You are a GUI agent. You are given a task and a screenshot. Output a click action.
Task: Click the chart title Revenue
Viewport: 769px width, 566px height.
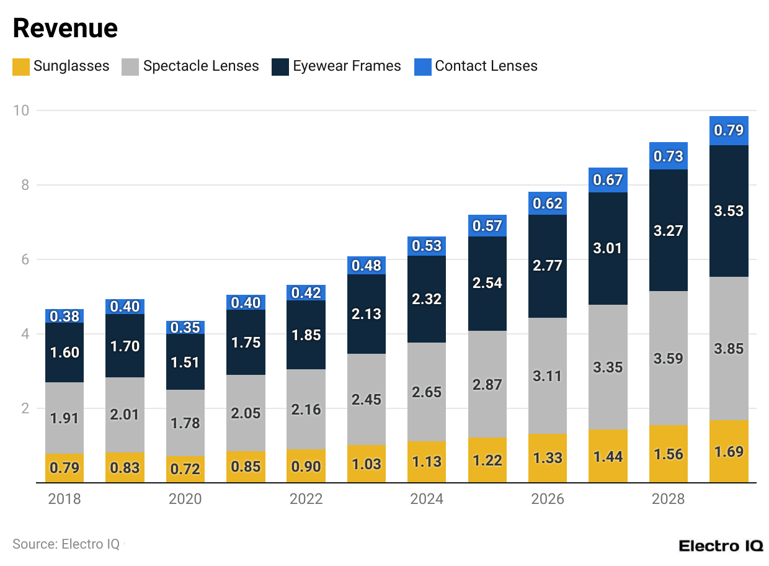coord(65,29)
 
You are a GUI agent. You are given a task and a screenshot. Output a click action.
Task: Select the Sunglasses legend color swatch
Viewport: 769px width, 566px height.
coord(21,66)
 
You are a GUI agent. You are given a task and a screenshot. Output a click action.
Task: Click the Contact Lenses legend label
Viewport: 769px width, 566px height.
coord(486,66)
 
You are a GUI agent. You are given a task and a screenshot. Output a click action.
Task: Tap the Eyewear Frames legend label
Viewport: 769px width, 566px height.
coord(347,66)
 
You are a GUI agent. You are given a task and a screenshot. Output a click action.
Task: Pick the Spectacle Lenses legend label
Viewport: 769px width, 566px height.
coord(201,66)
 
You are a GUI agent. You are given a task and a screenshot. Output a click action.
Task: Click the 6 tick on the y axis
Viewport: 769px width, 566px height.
coord(25,259)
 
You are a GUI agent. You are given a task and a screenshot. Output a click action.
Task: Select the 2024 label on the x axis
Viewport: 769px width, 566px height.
coord(427,499)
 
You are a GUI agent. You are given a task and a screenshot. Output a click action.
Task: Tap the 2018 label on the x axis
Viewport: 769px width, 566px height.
coord(64,499)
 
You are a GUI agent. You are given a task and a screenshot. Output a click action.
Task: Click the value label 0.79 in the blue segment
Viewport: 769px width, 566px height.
coord(729,131)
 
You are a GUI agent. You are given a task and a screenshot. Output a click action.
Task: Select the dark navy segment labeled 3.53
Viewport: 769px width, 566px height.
coord(729,211)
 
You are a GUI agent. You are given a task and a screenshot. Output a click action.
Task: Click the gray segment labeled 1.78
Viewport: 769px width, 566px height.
coord(185,423)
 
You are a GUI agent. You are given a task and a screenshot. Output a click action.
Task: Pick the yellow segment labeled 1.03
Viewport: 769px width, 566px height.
coord(367,464)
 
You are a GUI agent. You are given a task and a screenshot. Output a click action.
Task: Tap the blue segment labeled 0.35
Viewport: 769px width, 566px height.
coord(185,327)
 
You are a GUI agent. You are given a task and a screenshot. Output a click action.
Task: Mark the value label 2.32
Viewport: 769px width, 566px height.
coord(427,299)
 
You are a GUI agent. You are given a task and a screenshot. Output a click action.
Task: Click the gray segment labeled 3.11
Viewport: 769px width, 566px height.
coord(548,375)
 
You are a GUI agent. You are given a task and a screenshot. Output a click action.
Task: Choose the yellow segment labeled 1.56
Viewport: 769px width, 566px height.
coord(669,454)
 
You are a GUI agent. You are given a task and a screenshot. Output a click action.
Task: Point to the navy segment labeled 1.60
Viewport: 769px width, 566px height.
coord(64,353)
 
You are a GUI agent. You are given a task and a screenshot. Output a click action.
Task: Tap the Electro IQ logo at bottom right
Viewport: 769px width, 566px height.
coord(721,546)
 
